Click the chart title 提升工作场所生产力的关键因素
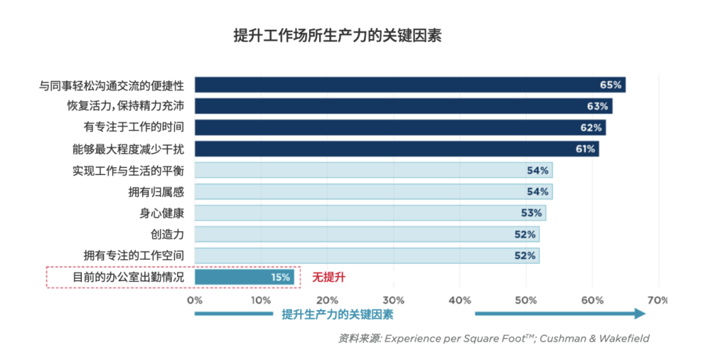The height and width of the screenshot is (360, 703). [x=337, y=36]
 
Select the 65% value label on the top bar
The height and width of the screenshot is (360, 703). [x=611, y=85]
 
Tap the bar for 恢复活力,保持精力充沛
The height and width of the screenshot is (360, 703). [x=403, y=106]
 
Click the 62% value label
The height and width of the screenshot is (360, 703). [x=592, y=128]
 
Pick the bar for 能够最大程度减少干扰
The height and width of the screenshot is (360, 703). [x=396, y=149]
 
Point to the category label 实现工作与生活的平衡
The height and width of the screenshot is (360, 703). [x=128, y=171]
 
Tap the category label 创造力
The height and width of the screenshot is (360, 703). [x=167, y=234]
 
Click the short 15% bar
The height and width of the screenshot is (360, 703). [x=244, y=277]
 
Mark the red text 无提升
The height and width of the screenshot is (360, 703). [x=329, y=277]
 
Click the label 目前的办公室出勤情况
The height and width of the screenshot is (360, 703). [x=128, y=277]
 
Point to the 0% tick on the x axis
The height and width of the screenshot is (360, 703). [x=195, y=300]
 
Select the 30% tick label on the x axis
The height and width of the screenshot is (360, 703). [x=393, y=300]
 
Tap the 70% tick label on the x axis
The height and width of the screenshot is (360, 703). [x=658, y=300]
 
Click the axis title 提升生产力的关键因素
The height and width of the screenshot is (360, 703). [x=337, y=314]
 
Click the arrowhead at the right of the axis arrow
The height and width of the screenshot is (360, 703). [x=640, y=314]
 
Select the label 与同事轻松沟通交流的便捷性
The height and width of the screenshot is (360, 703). [x=112, y=85]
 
